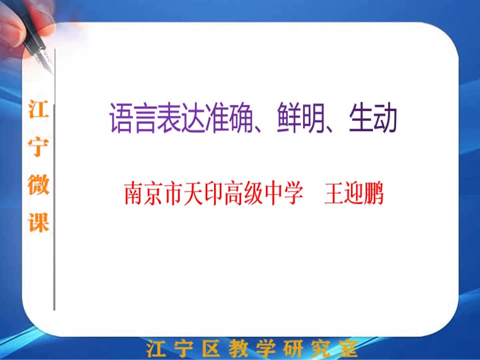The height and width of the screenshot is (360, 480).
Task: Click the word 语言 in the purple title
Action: [133, 117]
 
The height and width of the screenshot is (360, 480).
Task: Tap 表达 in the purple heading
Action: [180, 117]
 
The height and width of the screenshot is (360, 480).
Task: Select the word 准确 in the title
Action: [228, 117]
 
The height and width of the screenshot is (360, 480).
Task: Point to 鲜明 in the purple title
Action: [300, 117]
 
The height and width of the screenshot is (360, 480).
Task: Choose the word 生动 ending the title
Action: [373, 117]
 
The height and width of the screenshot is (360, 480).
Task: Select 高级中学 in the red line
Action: [263, 193]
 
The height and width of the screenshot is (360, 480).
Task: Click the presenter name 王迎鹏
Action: [354, 193]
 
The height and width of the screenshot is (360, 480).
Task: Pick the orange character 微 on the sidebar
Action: [38, 184]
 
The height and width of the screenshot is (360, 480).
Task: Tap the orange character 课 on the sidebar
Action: [38, 222]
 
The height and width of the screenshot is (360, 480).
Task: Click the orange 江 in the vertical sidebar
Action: [38, 109]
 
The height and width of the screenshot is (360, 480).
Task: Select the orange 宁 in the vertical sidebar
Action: [38, 147]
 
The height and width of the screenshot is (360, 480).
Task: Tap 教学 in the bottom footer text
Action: [251, 348]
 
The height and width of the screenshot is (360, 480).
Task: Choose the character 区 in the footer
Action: [211, 348]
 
